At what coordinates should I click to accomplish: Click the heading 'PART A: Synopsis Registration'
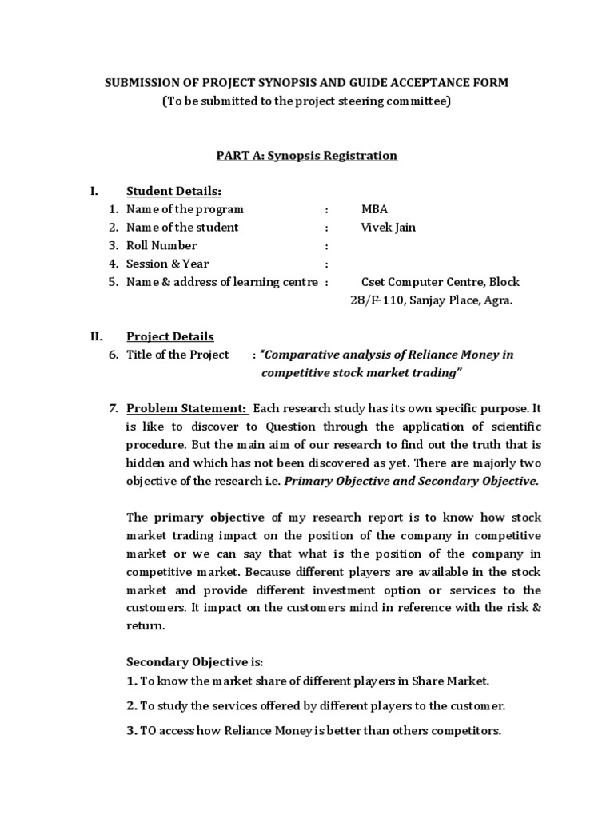(x=307, y=156)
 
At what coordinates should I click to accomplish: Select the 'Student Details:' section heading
(x=173, y=191)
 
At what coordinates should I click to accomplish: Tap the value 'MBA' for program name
(x=374, y=209)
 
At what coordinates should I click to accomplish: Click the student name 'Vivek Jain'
(x=388, y=228)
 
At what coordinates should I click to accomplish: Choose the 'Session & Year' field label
(x=167, y=264)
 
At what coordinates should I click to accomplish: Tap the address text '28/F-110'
(x=374, y=300)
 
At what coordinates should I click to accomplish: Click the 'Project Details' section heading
(x=170, y=336)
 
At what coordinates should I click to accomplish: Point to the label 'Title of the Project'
(x=177, y=355)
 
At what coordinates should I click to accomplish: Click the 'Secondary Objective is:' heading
(x=194, y=662)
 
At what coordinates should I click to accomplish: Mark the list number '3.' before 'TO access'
(x=132, y=731)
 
